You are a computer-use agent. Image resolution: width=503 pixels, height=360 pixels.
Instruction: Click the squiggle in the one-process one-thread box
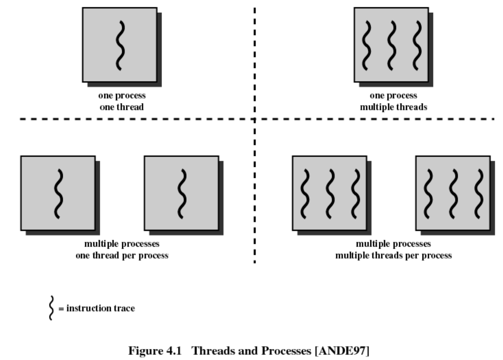[x=120, y=45]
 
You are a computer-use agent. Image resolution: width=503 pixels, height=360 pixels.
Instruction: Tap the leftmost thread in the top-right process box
[x=365, y=45]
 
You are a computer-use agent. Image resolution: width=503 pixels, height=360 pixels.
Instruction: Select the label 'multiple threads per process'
[x=393, y=256]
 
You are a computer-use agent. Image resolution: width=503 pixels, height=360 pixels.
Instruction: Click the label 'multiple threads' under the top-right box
[x=393, y=107]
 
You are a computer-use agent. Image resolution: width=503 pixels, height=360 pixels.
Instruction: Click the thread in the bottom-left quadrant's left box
[x=59, y=194]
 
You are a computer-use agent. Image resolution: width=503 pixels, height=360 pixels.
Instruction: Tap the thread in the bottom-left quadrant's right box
[x=182, y=194]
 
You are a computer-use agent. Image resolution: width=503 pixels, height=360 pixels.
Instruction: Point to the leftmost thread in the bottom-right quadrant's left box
[x=304, y=194]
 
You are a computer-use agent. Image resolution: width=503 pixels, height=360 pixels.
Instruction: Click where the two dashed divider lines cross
[x=254, y=119]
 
